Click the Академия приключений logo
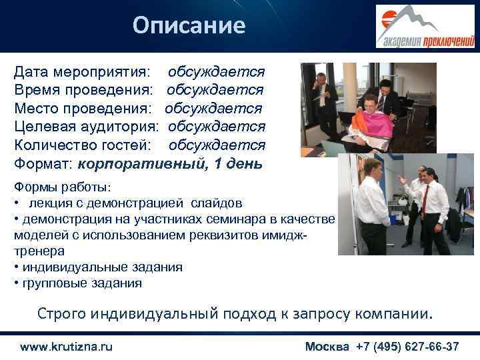(424, 26)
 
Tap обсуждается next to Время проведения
(215, 89)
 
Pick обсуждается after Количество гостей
(217, 145)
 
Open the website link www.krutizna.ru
(67, 347)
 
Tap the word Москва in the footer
(327, 347)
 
